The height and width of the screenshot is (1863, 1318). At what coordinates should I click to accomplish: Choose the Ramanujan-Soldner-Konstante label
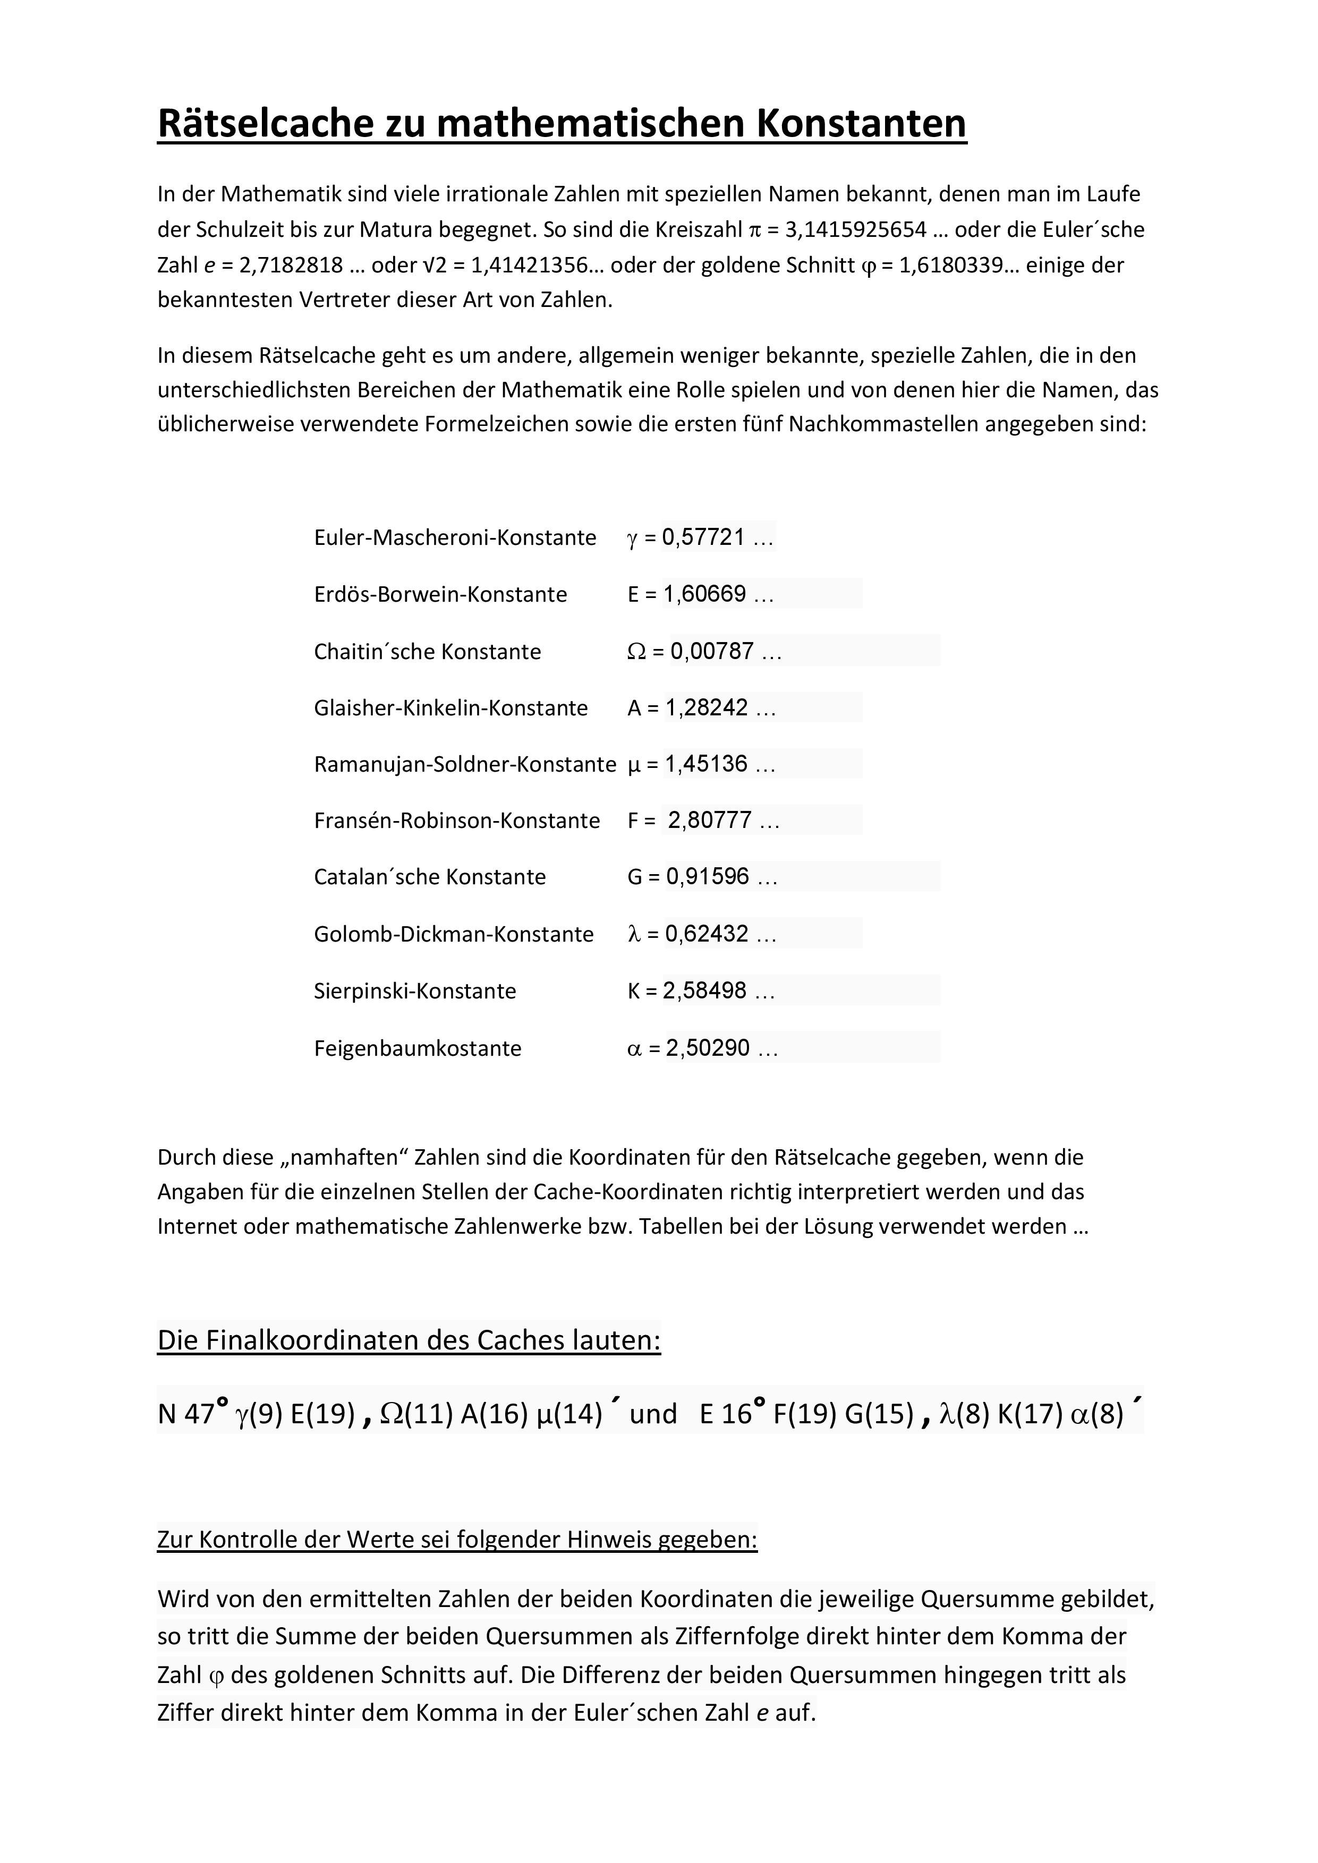point(465,764)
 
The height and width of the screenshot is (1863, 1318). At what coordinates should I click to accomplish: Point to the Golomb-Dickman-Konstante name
point(454,934)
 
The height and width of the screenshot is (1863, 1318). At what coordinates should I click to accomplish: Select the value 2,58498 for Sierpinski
point(704,991)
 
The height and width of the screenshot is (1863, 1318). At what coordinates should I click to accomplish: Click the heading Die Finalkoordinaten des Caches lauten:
point(409,1340)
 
